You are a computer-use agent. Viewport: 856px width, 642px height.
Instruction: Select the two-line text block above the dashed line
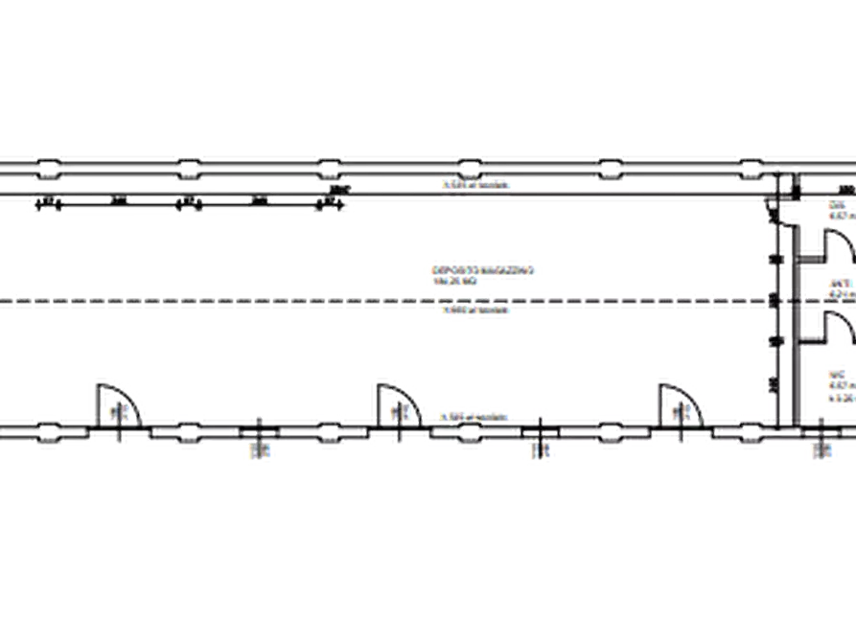pyautogui.click(x=483, y=267)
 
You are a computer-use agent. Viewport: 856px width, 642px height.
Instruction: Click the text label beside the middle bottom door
pyautogui.click(x=471, y=416)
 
